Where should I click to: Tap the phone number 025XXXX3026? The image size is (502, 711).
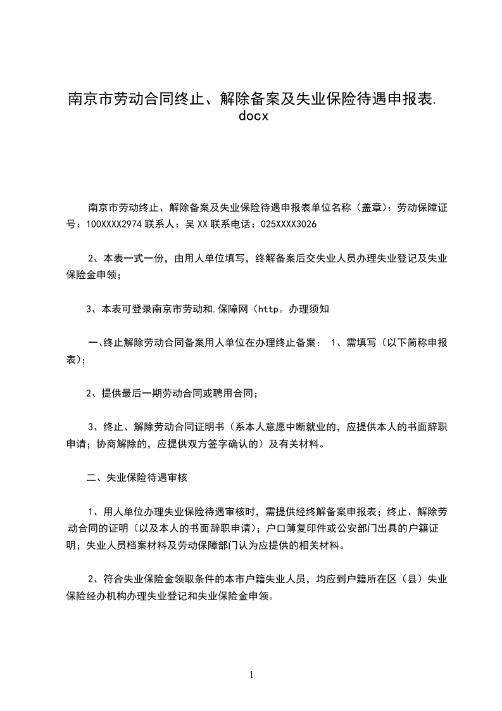(x=289, y=225)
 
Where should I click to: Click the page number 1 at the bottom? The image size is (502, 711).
(x=251, y=675)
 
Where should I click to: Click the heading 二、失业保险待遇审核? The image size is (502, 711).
(x=137, y=478)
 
